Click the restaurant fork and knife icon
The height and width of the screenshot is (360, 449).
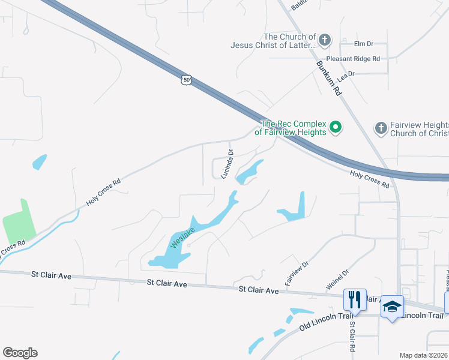354,299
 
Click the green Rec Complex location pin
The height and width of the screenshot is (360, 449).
336,127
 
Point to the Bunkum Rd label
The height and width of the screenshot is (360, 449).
329,77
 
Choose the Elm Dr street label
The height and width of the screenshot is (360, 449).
364,44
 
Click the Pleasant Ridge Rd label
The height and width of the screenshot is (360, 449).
354,59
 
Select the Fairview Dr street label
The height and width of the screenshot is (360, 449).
297,272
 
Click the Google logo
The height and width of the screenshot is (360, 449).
20,353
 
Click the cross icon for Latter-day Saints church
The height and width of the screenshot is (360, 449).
325,41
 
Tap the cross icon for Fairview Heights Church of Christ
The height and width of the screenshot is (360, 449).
380,128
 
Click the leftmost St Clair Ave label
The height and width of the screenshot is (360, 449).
52,275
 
